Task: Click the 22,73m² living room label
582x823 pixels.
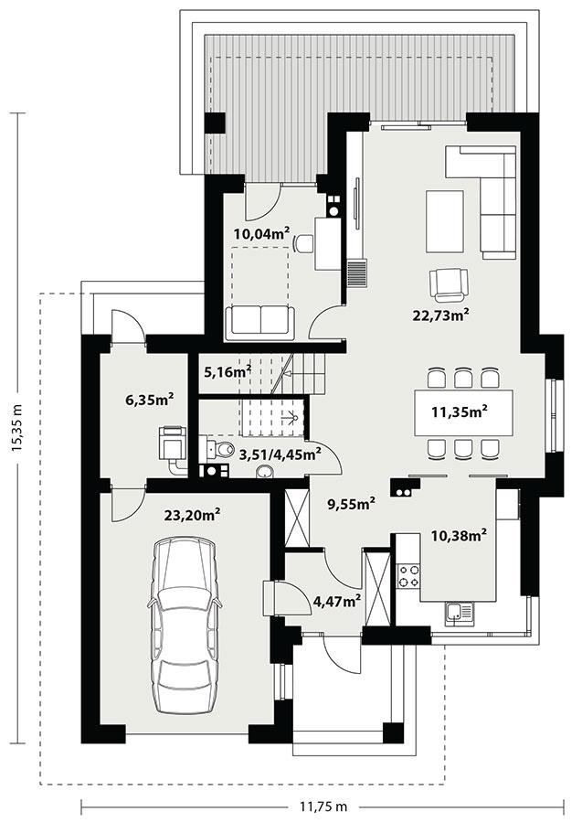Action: point(440,315)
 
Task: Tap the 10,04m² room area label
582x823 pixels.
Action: point(261,232)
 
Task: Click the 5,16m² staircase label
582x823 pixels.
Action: point(228,371)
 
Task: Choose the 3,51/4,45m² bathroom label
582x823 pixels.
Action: point(280,452)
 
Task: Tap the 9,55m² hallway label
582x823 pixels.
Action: point(352,502)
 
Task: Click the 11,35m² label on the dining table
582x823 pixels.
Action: point(459,411)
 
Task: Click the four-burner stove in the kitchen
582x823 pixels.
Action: point(408,575)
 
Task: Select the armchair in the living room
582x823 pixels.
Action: point(450,283)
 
